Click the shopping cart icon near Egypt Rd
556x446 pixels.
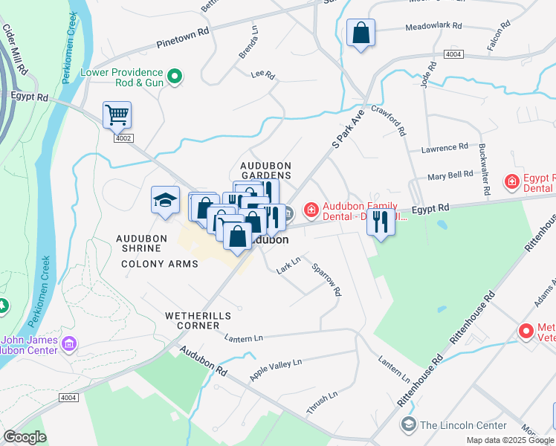(x=117, y=115)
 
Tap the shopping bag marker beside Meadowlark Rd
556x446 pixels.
(x=361, y=33)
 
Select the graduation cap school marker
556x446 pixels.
(x=165, y=200)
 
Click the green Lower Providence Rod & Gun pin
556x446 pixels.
(x=175, y=75)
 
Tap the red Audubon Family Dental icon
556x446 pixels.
(x=310, y=211)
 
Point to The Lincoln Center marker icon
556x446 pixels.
(x=408, y=424)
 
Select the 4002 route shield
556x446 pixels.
(x=123, y=138)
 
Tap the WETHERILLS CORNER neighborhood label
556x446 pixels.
(x=198, y=316)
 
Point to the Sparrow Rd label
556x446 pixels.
(x=326, y=279)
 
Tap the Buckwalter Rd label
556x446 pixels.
(x=484, y=169)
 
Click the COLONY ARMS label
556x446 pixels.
(x=160, y=264)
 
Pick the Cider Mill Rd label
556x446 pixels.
(x=15, y=49)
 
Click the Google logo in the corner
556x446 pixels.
(x=25, y=437)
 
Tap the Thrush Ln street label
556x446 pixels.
(x=322, y=402)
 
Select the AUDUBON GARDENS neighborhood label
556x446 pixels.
(x=265, y=171)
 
